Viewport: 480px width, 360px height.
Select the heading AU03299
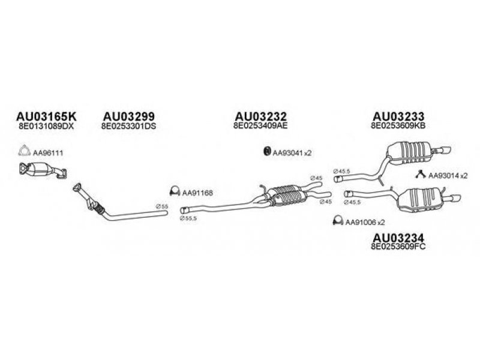129,116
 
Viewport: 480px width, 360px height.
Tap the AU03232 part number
260,116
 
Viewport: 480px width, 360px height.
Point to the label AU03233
399,116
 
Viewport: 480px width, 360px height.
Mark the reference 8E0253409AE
260,127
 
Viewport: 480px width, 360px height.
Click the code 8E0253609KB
399,127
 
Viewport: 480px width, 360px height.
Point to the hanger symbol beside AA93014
422,175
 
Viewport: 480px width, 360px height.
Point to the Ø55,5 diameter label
187,218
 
